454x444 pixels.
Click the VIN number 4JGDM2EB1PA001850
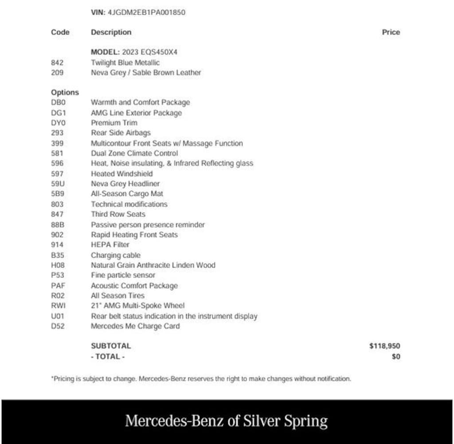(147, 12)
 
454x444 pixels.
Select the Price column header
(391, 32)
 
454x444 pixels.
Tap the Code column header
(60, 32)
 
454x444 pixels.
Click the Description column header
(111, 32)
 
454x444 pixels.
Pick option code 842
(57, 63)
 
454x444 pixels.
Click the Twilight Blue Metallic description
(125, 63)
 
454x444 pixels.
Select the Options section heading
(65, 92)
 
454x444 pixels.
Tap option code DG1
(59, 113)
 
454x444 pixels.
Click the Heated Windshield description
(121, 174)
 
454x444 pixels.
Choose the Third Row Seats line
(118, 214)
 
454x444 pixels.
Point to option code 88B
(58, 225)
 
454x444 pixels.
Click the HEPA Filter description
(110, 245)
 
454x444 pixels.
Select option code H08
(58, 265)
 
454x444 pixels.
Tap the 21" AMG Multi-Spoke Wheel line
(137, 305)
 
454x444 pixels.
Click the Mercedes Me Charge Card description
(135, 326)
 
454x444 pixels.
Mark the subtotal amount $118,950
(384, 346)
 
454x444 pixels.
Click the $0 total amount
(396, 357)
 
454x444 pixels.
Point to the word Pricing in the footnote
(64, 379)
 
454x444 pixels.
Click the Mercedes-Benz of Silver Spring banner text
(226, 421)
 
